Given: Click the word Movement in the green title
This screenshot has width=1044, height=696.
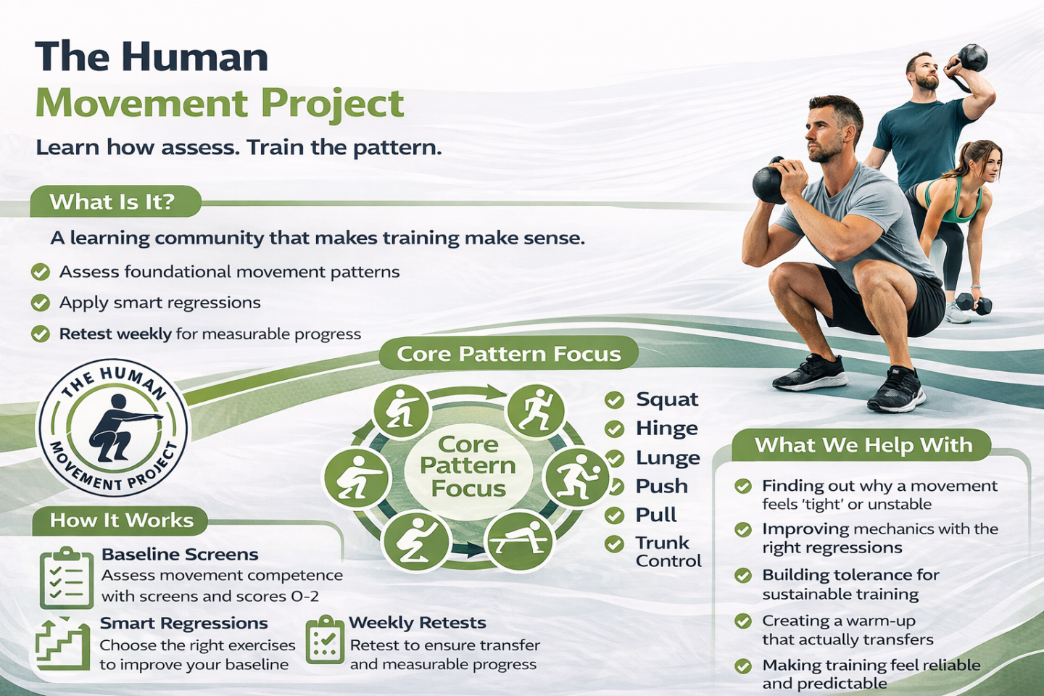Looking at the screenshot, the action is [x=141, y=104].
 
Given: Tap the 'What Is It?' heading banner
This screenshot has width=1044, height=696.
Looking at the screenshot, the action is [x=115, y=202].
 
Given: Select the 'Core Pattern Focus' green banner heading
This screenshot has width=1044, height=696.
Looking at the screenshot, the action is [x=508, y=353].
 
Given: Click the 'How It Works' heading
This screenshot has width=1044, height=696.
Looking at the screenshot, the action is [x=121, y=521].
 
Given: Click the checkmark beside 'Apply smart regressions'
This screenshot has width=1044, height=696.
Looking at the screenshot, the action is [x=41, y=303].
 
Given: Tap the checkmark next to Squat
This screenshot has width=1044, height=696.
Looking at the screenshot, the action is [x=614, y=400].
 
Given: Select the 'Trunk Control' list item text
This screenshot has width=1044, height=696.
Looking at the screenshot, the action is [x=668, y=552].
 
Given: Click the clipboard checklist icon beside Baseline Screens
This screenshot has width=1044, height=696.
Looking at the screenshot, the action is [x=67, y=579].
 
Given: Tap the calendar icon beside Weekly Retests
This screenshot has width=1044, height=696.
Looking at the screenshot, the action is [x=325, y=639].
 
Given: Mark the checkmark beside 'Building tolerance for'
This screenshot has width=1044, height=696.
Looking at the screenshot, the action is [x=743, y=576].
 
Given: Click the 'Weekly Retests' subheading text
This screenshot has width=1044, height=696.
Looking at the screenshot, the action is [x=417, y=623].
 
